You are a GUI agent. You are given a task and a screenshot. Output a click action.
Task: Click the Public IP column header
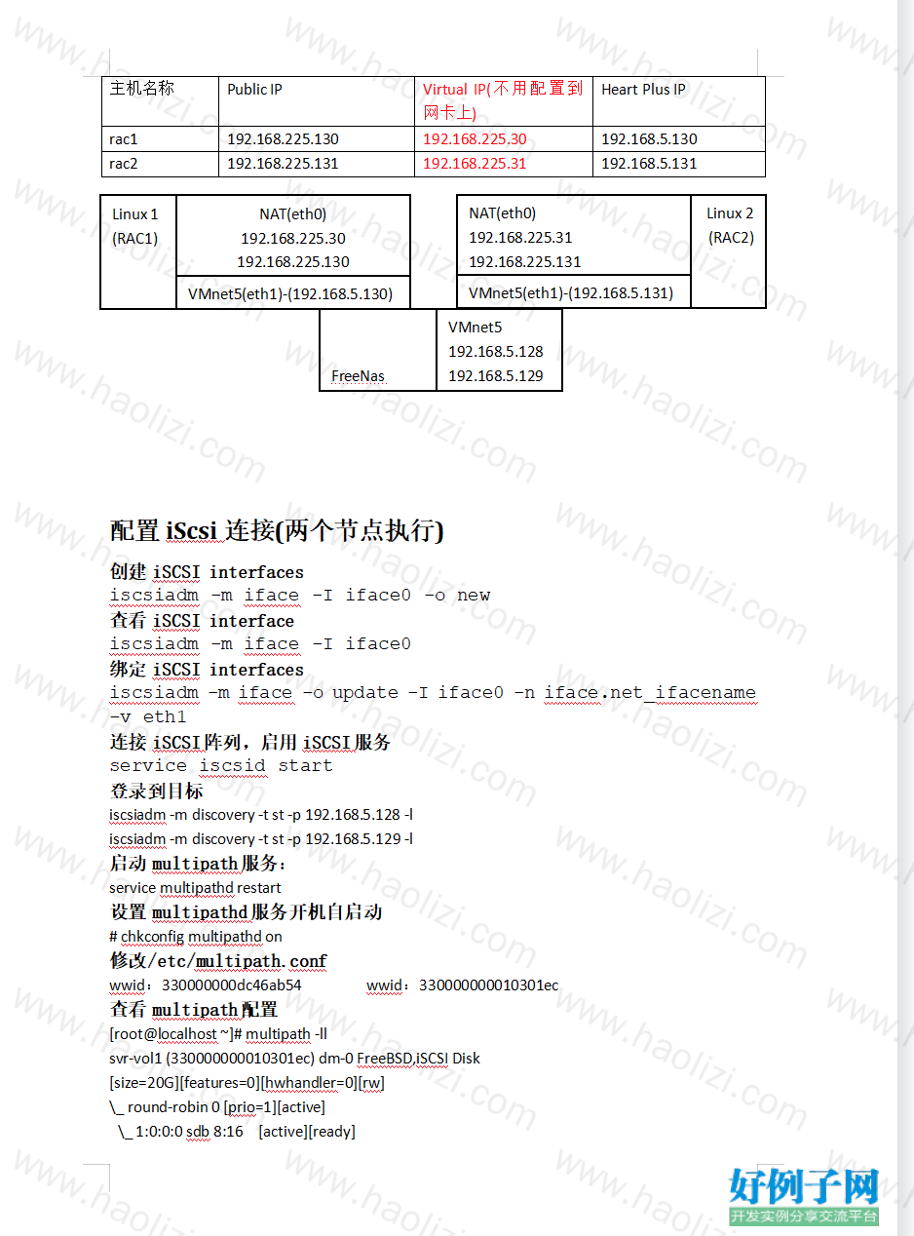point(254,89)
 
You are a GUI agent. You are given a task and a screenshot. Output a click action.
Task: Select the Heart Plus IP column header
point(643,89)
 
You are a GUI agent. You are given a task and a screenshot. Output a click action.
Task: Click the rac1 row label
point(123,138)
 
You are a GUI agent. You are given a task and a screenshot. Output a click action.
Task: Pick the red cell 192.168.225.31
point(475,164)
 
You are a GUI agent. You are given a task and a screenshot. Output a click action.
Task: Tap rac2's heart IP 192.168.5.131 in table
point(649,164)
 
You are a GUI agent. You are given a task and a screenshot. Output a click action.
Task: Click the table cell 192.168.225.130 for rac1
point(283,138)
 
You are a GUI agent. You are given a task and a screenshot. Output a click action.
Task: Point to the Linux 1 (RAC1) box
point(137,251)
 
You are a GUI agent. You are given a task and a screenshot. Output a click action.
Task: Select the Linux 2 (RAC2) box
point(729,251)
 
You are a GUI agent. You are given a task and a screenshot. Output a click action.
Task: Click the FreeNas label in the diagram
point(358,376)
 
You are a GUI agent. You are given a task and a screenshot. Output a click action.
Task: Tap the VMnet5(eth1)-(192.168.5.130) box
point(293,292)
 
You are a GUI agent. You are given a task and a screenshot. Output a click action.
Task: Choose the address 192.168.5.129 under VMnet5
point(495,376)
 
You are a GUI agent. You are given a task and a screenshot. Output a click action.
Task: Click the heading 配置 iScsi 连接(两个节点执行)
point(277,530)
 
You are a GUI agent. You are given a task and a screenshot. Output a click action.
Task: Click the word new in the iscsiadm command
point(474,596)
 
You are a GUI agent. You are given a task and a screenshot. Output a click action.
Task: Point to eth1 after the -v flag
point(165,716)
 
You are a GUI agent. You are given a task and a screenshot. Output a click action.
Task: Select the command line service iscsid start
point(221,765)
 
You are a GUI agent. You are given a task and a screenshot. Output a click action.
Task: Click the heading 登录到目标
point(157,791)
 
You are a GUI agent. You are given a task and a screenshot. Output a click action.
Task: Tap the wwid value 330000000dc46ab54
point(231,985)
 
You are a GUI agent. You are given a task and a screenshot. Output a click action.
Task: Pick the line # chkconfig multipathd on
point(196,937)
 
